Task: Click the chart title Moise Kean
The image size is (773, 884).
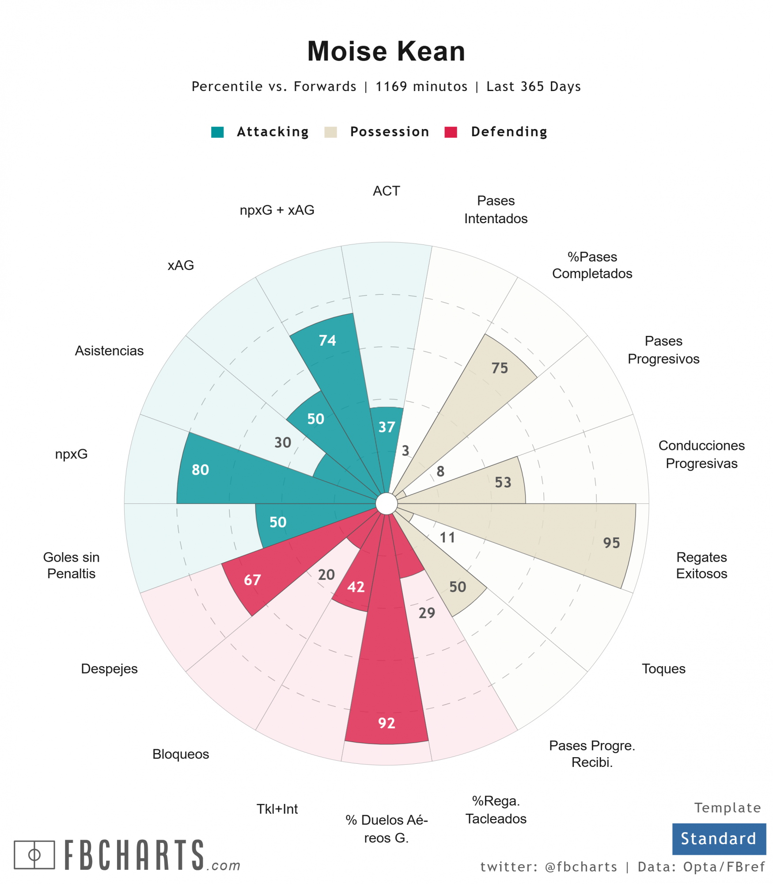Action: coord(386,51)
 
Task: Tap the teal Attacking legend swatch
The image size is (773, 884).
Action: coord(217,132)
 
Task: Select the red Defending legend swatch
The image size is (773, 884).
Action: coord(450,132)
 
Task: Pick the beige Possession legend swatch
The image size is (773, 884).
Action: coord(330,132)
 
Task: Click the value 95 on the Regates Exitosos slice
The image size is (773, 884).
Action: coord(611,542)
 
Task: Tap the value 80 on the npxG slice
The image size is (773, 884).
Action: coord(200,469)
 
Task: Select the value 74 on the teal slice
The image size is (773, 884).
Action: coord(327,340)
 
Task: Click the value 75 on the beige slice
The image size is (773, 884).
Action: coord(500,368)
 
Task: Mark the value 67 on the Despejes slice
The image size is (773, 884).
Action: coord(252,579)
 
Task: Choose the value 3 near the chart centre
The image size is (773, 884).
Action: coord(405,450)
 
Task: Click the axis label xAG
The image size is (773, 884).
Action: coord(181,265)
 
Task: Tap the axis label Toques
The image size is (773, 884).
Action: coord(663,668)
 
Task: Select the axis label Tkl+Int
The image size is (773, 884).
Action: coord(277,808)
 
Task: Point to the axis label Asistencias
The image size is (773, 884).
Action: coord(109,351)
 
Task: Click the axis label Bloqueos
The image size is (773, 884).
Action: coord(181,754)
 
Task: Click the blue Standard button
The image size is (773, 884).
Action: coord(718,838)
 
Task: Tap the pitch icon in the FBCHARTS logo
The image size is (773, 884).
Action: coord(34,854)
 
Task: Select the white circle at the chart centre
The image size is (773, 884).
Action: coord(386,503)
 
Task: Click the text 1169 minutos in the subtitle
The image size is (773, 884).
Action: coord(421,86)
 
